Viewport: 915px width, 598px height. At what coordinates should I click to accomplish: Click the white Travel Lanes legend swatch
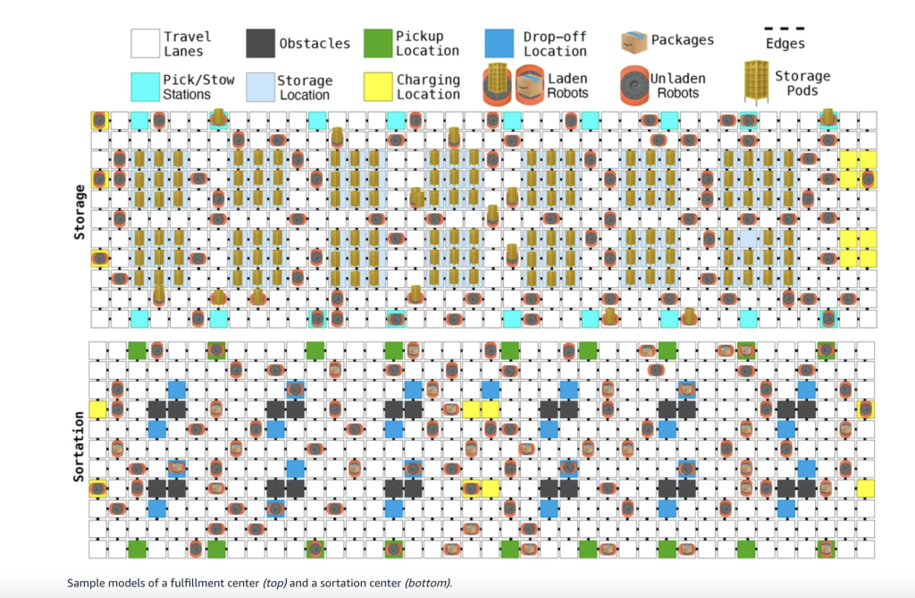(145, 43)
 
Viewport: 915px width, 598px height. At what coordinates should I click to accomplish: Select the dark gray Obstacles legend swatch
(260, 43)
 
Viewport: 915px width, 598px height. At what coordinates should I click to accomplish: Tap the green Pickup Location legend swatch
(379, 43)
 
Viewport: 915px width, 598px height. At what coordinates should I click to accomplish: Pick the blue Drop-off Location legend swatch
(499, 43)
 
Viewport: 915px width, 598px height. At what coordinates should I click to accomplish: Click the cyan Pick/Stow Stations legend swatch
(145, 87)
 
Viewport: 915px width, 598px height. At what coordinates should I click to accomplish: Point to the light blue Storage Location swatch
(260, 87)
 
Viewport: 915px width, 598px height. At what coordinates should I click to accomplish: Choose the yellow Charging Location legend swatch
(379, 87)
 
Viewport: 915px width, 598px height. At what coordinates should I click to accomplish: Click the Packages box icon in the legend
(634, 41)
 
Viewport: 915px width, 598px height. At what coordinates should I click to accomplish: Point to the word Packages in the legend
(683, 40)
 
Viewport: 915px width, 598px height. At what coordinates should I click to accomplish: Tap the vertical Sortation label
(80, 446)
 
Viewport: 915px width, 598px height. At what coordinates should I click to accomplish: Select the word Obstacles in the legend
(315, 43)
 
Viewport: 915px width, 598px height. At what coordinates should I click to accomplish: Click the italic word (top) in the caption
(267, 584)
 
